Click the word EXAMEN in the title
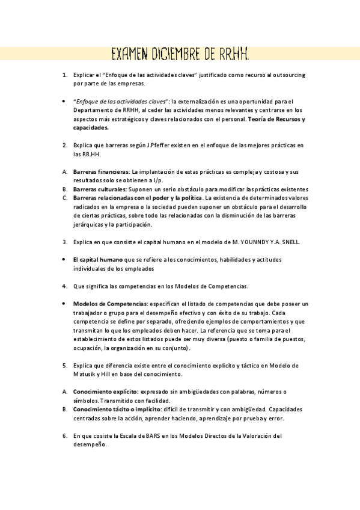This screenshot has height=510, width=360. tap(129, 56)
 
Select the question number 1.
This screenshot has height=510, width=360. tap(64, 75)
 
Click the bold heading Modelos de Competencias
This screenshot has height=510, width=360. tap(109, 304)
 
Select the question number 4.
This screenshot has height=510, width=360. tap(64, 286)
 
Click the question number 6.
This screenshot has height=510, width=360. tap(64, 435)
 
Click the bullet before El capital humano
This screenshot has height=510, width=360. tap(64, 259)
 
